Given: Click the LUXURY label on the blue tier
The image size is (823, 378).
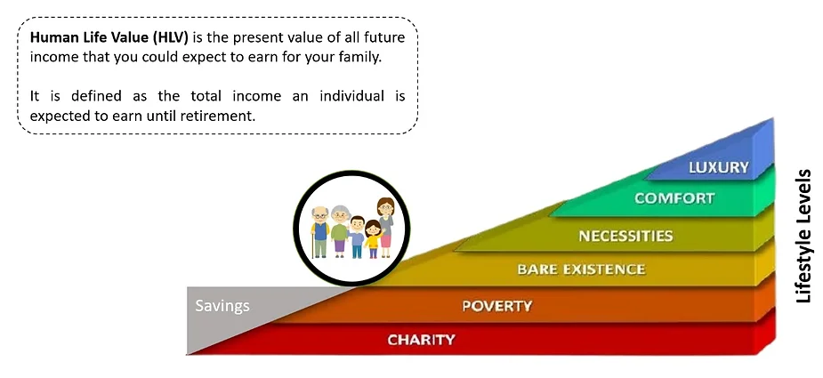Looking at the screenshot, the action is [719, 167].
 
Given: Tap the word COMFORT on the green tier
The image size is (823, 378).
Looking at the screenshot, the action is [674, 198].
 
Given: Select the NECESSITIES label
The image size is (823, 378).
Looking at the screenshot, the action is [625, 236].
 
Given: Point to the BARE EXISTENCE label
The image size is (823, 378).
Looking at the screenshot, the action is [581, 269].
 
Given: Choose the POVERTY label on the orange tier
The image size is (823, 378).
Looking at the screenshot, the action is [497, 306].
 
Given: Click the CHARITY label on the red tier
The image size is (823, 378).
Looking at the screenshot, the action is [421, 340].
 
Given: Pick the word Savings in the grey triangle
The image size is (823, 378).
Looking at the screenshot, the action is [222, 306].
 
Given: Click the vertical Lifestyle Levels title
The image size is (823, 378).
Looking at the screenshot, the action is [803, 236].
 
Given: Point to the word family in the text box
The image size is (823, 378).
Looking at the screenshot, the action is [361, 58].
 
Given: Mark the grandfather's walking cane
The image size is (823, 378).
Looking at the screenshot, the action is [313, 245].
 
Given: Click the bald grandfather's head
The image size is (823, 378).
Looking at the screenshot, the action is [320, 214].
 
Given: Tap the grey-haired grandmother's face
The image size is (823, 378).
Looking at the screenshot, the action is [341, 216].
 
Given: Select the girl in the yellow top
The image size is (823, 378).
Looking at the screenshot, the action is [373, 239].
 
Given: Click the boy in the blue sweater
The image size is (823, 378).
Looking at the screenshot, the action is [357, 237].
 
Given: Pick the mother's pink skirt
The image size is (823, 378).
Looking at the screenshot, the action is [386, 240].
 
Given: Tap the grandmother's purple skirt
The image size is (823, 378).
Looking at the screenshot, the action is [340, 245].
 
